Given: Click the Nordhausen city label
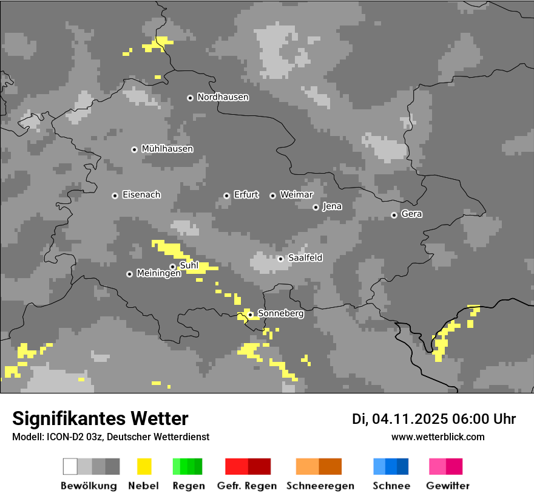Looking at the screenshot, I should tap(223, 97).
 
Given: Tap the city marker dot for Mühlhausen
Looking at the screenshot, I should tap(134, 149).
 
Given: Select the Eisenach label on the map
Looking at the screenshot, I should tap(141, 195).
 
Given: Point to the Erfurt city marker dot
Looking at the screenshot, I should tap(226, 196).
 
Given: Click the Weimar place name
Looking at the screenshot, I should tap(296, 195).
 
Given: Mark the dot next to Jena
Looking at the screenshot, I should tap(316, 207).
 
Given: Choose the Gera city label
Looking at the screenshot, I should tap(411, 214).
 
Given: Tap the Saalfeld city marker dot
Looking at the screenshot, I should tap(280, 259).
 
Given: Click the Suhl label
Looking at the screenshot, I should tap(189, 265).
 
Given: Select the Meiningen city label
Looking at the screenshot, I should tap(158, 274).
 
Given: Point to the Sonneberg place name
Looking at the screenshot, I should tap(281, 314).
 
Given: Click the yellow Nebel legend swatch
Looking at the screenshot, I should tap(144, 466).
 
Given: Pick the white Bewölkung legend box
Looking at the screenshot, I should tap(70, 466).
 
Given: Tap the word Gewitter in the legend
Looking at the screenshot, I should tap(447, 486).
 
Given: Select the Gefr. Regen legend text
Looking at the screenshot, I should tap(246, 486).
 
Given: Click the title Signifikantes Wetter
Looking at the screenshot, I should tap(100, 419).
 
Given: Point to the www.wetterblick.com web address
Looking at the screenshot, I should tap(438, 437).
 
